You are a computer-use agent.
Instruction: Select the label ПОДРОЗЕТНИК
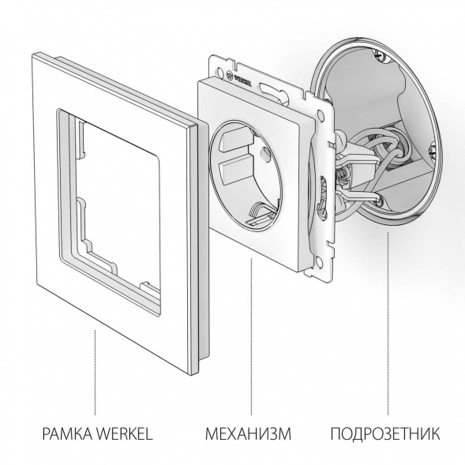pyautogui.click(x=384, y=433)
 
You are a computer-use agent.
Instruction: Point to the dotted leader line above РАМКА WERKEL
pyautogui.click(x=95, y=371)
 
